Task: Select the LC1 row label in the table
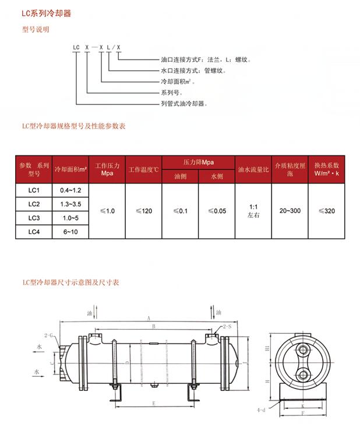[x=34, y=190]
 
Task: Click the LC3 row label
[x=34, y=218]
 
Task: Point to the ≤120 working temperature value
[x=143, y=211]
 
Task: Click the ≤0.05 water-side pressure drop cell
[x=217, y=211]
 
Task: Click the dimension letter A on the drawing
[x=149, y=318]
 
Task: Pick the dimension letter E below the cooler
[x=153, y=403]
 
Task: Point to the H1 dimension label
[x=267, y=348]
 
